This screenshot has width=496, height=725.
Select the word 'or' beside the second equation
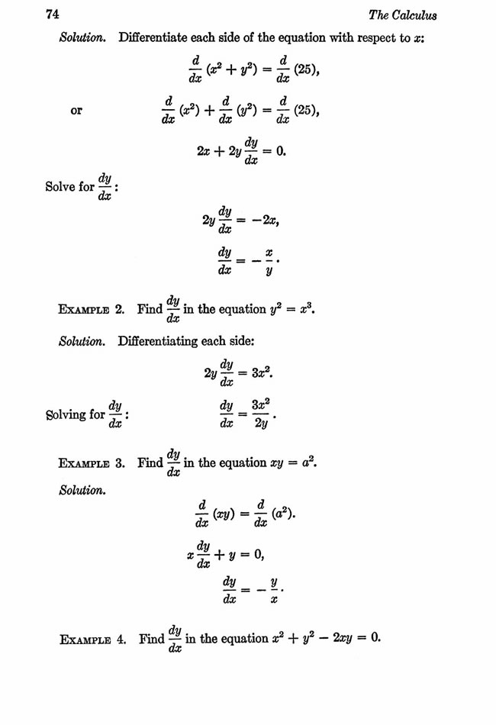(x=76, y=111)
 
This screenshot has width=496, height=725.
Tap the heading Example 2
(x=92, y=310)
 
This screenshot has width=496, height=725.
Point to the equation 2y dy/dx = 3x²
(x=238, y=374)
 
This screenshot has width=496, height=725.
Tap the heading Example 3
(x=92, y=463)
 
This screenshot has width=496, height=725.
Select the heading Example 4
(x=92, y=638)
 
